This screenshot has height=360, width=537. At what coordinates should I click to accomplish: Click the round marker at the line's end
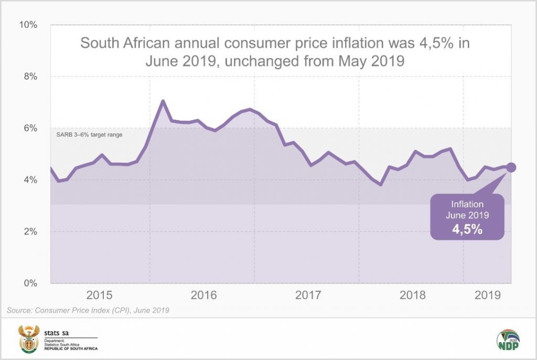click(511, 167)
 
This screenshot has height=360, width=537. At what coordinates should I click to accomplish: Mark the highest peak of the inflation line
click(163, 101)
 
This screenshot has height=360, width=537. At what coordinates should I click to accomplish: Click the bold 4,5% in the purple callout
click(468, 229)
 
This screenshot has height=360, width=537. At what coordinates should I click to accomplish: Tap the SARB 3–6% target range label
click(89, 135)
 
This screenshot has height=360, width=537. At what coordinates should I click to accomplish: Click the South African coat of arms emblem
click(29, 339)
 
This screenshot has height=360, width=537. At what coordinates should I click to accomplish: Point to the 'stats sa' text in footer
click(56, 332)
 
